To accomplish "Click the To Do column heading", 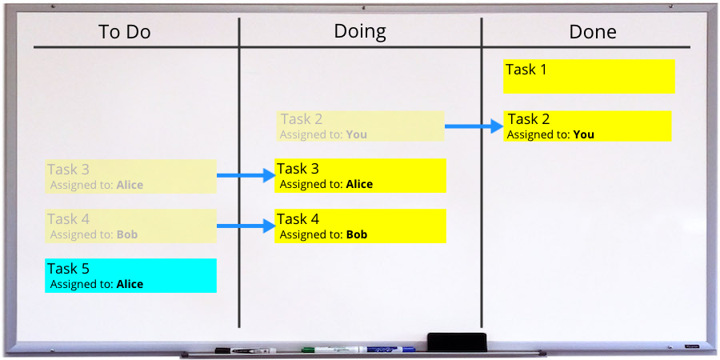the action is coord(125,32).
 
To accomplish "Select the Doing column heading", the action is coord(360,32).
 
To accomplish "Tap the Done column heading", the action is coord(593,32).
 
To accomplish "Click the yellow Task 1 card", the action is coord(589,76).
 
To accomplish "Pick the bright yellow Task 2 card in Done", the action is coord(587,126).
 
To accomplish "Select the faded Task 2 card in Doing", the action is coord(361,126).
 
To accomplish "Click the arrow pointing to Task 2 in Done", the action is coord(474,126).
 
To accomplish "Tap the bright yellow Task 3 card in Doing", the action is coord(360,175).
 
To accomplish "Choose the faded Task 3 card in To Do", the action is coord(131,176).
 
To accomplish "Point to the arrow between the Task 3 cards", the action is coord(246,175).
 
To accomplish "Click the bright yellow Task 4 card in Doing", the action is coord(360,226).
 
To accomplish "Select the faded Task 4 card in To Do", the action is coord(131,226).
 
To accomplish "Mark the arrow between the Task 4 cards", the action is coord(246,226).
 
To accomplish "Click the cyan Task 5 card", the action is coord(131,275).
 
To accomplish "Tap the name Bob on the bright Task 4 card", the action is coord(357,235).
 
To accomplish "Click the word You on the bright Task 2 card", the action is coord(584,135).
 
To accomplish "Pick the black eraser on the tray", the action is coord(457,342).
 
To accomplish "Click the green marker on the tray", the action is coord(334,350).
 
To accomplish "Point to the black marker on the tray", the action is coord(246,350).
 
